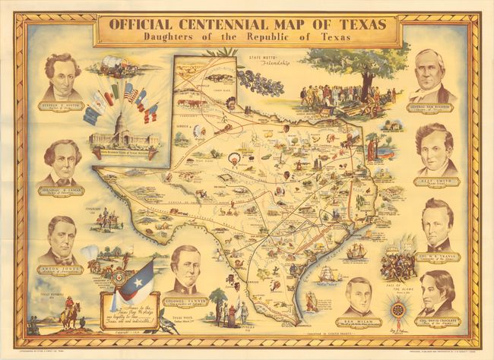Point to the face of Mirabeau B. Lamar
pos(61,156)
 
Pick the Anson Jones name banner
pos(61,269)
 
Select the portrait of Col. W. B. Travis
pos(437,224)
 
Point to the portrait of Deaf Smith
pos(435,149)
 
